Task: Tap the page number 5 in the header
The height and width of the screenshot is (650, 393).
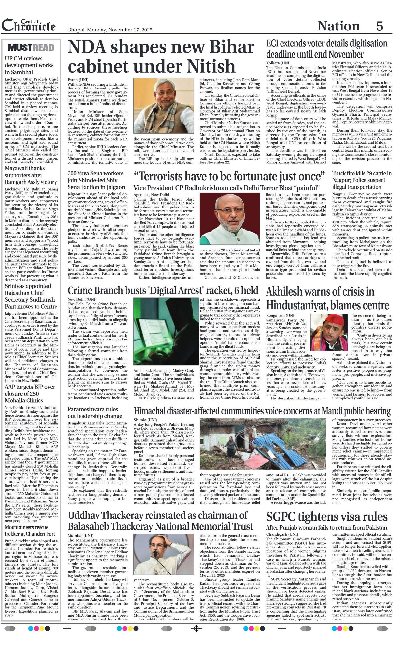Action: [x=379, y=26]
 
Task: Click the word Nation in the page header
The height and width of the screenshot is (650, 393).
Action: [x=338, y=26]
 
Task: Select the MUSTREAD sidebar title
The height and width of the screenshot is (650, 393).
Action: [x=31, y=48]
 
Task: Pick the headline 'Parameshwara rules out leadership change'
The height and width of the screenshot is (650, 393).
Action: [x=95, y=413]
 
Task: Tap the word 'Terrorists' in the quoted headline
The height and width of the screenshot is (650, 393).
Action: [x=169, y=176]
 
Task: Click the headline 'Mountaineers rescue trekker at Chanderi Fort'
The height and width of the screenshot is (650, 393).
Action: [x=30, y=531]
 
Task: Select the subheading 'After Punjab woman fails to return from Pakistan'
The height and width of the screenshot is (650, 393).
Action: [x=326, y=527]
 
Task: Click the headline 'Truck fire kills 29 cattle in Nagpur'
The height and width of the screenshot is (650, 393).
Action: [x=362, y=180]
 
